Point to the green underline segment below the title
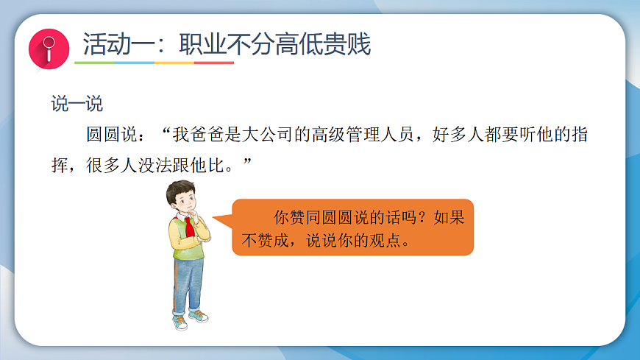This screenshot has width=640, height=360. click(95, 63)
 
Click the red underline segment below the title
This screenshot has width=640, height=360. click(214, 63)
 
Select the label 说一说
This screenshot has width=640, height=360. click(77, 104)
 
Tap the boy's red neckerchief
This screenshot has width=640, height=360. click(191, 225)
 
